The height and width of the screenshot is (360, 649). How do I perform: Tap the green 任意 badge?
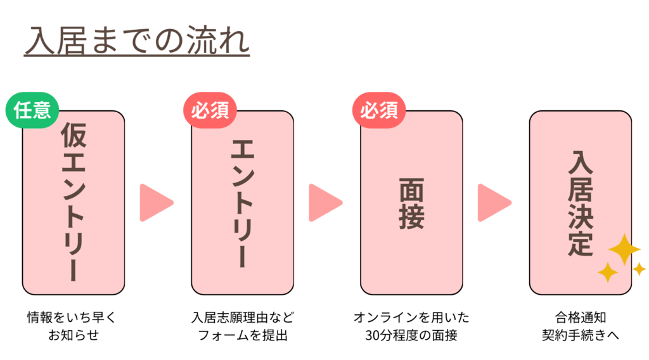(x=32, y=112)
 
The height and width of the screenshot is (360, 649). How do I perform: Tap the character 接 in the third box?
(x=411, y=216)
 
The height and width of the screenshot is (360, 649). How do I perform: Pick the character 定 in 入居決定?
(x=580, y=243)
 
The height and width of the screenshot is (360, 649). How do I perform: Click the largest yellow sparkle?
(x=624, y=249)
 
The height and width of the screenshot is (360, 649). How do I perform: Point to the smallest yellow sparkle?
(x=639, y=269)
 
